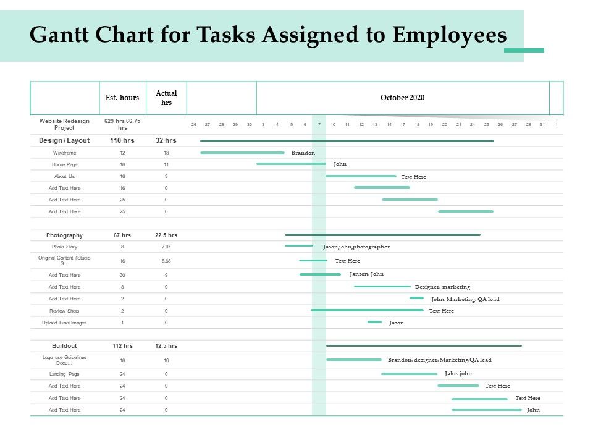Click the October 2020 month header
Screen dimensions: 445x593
[x=402, y=98]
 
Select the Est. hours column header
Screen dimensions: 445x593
[x=122, y=98]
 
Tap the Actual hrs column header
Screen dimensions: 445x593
[x=166, y=98]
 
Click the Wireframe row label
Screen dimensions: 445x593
[x=64, y=153]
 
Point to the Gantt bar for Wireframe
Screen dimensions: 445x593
[x=242, y=153]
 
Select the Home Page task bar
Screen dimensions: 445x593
[x=291, y=164]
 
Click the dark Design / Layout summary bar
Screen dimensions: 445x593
[x=347, y=141]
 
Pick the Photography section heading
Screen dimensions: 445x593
[x=64, y=235]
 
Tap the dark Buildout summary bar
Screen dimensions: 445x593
[x=424, y=346]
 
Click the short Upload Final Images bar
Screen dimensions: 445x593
[x=374, y=322]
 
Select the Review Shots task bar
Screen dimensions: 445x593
[x=367, y=310]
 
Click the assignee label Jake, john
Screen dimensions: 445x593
[x=458, y=373]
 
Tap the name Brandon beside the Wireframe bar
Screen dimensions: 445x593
[x=303, y=153]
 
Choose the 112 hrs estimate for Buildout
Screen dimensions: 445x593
[x=122, y=346]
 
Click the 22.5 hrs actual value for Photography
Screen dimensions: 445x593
[x=166, y=235]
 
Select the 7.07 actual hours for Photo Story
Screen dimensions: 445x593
[x=166, y=247]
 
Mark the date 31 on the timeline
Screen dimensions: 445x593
[x=542, y=125]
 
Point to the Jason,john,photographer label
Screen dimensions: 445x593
[x=356, y=247]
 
